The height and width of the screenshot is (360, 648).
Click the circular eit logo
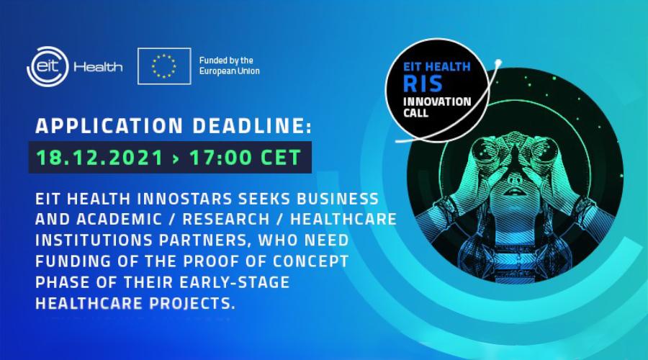[48, 66]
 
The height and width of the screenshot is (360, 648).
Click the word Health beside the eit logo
[98, 66]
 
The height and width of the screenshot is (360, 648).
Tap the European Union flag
[164, 66]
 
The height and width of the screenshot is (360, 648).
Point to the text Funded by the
[226, 60]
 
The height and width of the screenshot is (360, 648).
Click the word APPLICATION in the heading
[109, 126]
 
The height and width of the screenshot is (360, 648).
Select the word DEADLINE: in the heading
[252, 126]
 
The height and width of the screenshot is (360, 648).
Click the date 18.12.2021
[100, 158]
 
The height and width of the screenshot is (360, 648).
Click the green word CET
[281, 158]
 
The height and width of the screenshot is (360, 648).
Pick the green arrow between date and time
[176, 158]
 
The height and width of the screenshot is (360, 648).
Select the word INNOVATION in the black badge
[437, 102]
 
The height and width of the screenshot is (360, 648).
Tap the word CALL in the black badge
[415, 113]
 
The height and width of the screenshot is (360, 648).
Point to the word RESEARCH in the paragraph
[226, 220]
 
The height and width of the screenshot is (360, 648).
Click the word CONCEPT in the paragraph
[311, 261]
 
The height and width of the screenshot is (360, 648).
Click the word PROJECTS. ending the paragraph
[192, 303]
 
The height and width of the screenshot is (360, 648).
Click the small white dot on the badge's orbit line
[498, 63]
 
